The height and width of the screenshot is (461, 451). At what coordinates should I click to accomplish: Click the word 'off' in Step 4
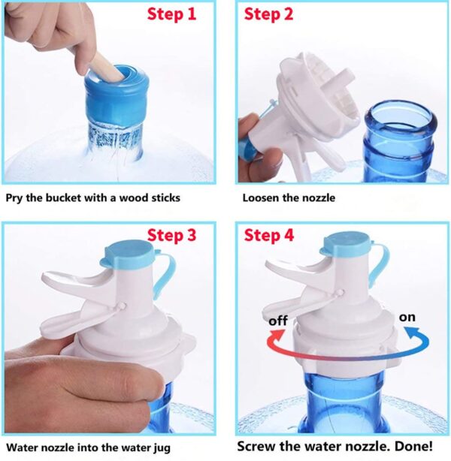[x=279, y=321]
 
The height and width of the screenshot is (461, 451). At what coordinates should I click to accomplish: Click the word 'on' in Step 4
[x=407, y=317]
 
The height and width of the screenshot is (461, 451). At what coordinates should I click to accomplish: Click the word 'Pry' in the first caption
[x=15, y=199]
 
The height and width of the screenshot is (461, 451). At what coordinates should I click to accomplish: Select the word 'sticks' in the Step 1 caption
[x=164, y=199]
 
